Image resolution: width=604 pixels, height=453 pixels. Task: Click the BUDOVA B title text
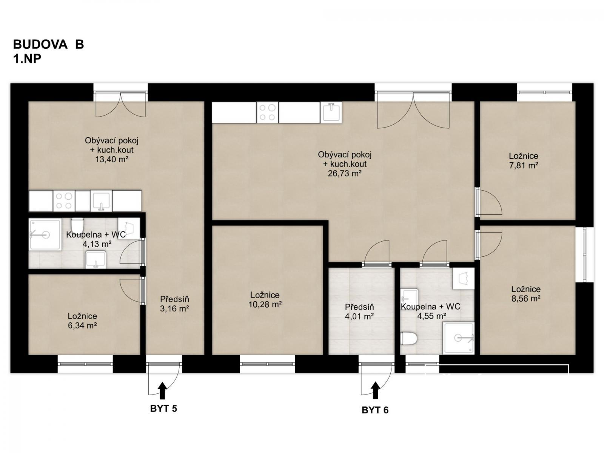coord(48,44)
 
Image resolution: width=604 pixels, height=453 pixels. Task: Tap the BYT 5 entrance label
coord(163,408)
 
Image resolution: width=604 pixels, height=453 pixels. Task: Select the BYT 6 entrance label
coord(375,410)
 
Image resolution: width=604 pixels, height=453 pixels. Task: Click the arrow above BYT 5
coord(162,390)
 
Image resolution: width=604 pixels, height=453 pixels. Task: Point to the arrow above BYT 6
coord(375,390)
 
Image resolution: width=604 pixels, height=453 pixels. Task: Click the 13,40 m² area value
coord(112,159)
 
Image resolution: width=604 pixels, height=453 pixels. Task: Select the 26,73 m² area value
coord(345,173)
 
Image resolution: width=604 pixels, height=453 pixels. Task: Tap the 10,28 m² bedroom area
coord(265,304)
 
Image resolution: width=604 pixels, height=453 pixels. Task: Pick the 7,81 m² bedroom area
coord(523,165)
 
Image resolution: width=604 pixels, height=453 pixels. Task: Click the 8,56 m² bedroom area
coord(526,299)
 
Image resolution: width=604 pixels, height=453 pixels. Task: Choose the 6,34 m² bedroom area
coord(82,325)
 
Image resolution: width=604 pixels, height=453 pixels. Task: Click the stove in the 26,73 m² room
coord(267,112)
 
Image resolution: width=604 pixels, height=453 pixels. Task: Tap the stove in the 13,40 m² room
coord(64,201)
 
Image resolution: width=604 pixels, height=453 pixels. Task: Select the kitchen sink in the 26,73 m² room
coord(331,112)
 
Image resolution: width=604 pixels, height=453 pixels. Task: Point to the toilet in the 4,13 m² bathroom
coord(77,225)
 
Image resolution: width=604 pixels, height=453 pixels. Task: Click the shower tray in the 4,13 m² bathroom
coord(45,234)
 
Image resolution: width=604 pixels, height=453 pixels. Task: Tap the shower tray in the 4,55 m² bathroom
coord(458,338)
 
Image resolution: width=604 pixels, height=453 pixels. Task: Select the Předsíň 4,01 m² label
coord(359,312)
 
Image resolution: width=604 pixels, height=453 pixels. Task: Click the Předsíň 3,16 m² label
coord(174,304)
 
